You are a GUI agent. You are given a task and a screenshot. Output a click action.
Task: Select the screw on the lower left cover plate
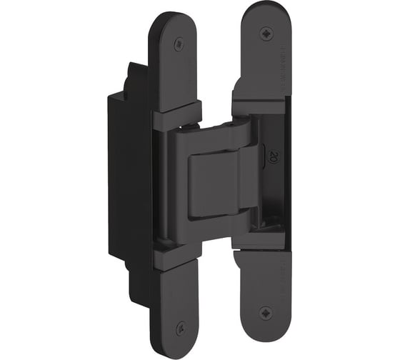click(179, 326)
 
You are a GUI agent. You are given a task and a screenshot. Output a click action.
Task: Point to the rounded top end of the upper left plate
click(176, 20)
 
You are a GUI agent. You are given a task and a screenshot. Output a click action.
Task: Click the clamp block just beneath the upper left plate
click(175, 114)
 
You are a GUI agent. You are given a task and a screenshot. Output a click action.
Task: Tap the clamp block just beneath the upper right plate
click(257, 105)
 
